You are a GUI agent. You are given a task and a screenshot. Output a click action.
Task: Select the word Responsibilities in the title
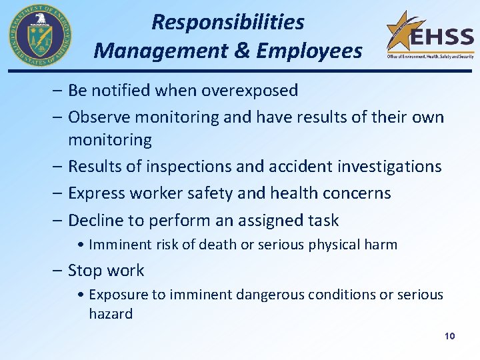click(228, 22)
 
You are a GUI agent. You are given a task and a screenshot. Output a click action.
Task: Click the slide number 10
click(449, 336)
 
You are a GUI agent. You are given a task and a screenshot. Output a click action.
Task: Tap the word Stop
click(86, 270)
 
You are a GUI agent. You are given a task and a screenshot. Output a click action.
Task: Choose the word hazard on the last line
click(111, 314)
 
